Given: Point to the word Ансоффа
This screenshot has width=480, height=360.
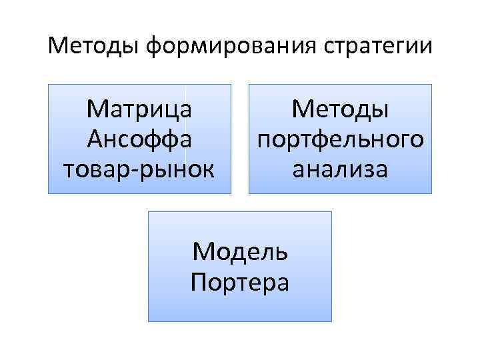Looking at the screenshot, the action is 139,139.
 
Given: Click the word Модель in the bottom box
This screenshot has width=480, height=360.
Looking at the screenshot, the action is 240,252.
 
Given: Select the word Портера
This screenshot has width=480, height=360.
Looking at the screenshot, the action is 240,283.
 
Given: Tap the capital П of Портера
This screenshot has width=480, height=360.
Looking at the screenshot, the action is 199,281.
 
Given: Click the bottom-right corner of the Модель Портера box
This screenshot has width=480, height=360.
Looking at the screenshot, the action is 331,321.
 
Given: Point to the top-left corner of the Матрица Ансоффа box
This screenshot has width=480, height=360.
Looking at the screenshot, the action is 48,84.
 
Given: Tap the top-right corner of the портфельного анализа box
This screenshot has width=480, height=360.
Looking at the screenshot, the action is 432,84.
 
